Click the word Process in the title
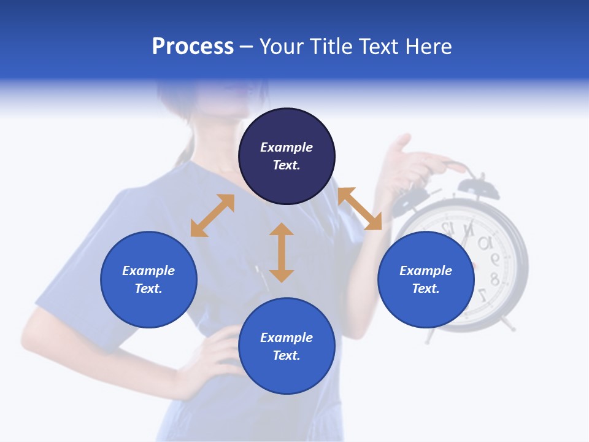click(193, 47)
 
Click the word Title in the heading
click(331, 47)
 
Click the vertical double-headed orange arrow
click(282, 252)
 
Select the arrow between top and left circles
click(212, 215)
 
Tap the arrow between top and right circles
click(360, 209)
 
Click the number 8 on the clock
click(494, 280)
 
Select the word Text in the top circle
click(286, 165)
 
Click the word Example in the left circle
click(148, 271)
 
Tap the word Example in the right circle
click(426, 271)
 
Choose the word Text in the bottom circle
click(286, 355)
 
